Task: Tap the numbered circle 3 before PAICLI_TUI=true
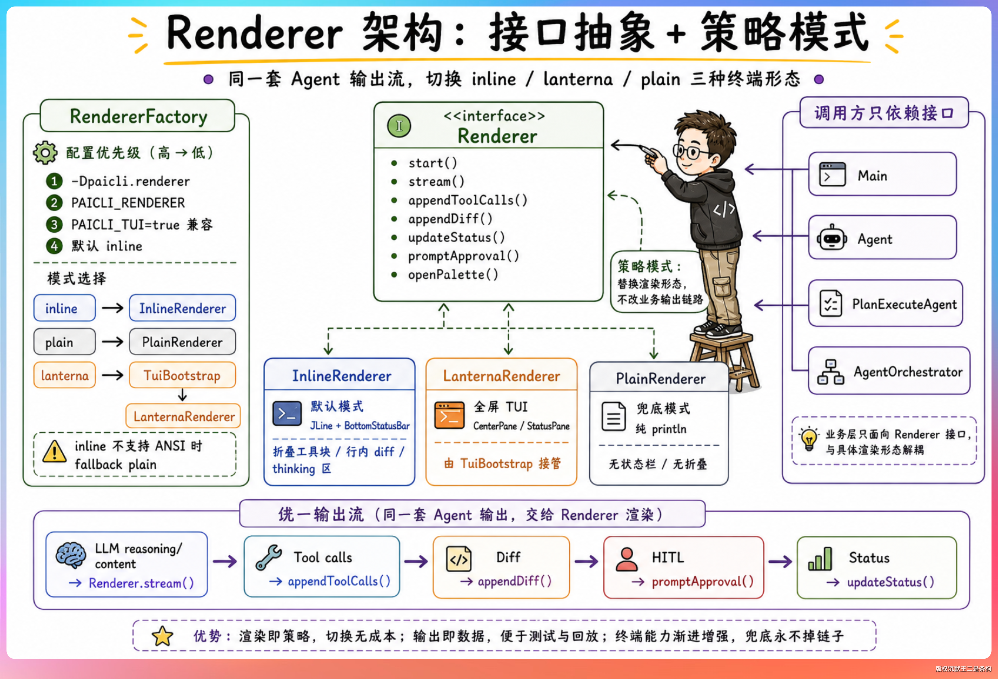tap(54, 224)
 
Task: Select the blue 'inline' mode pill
tap(64, 308)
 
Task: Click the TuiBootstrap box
tap(182, 375)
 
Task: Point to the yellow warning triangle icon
tap(55, 452)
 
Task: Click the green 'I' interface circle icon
tap(399, 126)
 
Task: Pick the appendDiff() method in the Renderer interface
tap(450, 219)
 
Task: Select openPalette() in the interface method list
tap(453, 275)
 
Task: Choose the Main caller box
tap(883, 174)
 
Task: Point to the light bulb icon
tap(809, 439)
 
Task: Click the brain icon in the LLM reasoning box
tap(71, 555)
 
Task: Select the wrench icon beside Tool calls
tap(269, 557)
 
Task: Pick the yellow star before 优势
tap(162, 636)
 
